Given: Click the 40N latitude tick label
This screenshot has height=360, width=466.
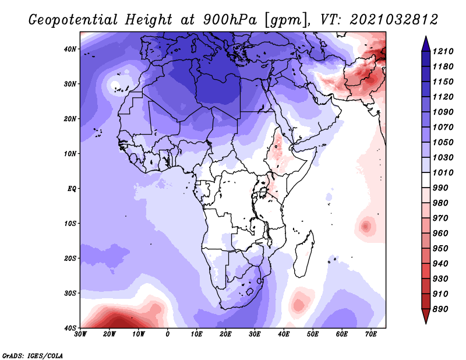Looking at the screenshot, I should pyautogui.click(x=70, y=49).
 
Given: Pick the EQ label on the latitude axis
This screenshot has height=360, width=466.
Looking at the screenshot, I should pyautogui.click(x=71, y=189).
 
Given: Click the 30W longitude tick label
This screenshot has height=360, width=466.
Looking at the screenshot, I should pyautogui.click(x=81, y=334).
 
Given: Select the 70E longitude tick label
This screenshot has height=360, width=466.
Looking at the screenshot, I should pyautogui.click(x=370, y=334).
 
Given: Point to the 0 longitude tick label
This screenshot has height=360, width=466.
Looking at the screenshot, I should pyautogui.click(x=168, y=334).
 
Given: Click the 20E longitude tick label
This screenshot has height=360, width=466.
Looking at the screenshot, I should pyautogui.click(x=226, y=334).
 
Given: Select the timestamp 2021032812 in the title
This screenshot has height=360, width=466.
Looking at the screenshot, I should pyautogui.click(x=394, y=20).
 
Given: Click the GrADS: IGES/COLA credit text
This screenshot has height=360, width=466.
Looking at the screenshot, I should pyautogui.click(x=33, y=354).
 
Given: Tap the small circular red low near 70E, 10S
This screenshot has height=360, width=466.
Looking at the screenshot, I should pyautogui.click(x=366, y=225).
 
